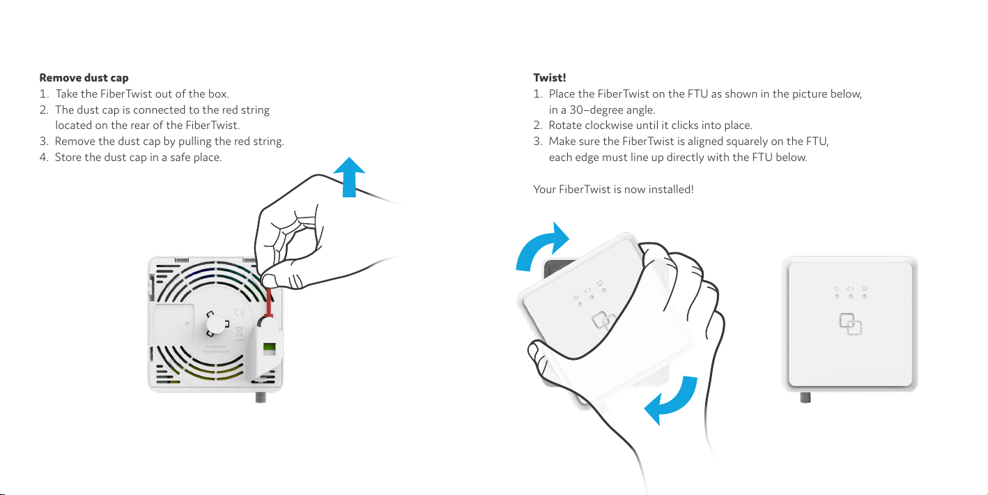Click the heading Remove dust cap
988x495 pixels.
tap(84, 78)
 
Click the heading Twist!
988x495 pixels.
tap(549, 77)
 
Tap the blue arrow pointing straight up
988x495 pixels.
tap(349, 177)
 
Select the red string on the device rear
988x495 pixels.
tap(269, 303)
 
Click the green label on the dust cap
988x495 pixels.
tap(269, 349)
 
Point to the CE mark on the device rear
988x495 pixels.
tap(240, 313)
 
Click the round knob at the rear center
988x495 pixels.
tap(216, 324)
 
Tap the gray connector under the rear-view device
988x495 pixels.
tap(261, 397)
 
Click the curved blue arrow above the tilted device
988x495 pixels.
tap(541, 247)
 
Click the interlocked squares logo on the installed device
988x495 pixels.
tap(850, 324)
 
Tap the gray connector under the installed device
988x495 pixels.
tap(805, 397)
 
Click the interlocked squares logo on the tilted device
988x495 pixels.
tap(603, 321)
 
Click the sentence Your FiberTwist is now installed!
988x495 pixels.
tap(613, 190)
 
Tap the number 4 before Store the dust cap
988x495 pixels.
tap(43, 158)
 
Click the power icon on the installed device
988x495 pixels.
tap(836, 289)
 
